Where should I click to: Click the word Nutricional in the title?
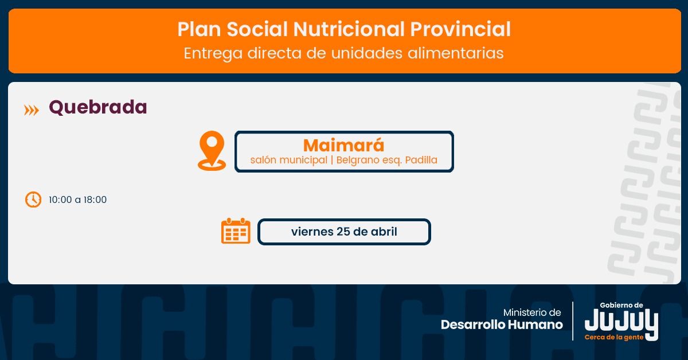tap(349, 29)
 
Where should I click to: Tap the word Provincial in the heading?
tap(460, 29)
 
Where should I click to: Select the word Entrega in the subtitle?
tap(213, 53)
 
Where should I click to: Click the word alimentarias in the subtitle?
tap(455, 53)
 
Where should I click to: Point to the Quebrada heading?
tap(98, 107)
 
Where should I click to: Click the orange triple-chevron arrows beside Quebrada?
tap(32, 110)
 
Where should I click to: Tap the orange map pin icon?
tap(212, 151)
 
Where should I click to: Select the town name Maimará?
tap(343, 144)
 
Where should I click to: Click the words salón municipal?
tap(289, 160)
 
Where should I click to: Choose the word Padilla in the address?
tap(421, 160)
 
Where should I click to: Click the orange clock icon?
tap(33, 199)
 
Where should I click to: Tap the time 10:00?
tap(60, 199)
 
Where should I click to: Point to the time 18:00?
tap(95, 199)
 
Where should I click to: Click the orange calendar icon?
tap(236, 231)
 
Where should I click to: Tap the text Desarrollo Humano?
tap(502, 324)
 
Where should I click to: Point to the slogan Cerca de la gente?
tap(614, 337)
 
